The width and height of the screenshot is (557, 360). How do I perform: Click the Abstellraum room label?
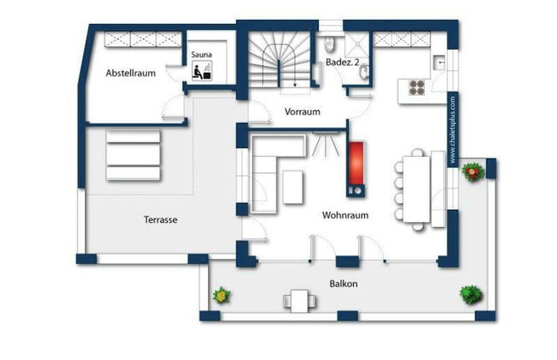coord(131,73)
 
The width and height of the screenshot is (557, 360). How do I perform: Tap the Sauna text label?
coord(201,54)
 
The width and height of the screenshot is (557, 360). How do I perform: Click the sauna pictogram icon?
coord(201,70)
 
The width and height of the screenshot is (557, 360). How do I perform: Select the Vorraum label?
coord(302,111)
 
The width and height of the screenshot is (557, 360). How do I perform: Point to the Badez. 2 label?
coord(343,62)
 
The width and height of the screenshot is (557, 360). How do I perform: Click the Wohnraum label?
coord(345,215)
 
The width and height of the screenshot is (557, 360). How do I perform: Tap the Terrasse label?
coord(160,219)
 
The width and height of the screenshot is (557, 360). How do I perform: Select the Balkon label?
coord(343,284)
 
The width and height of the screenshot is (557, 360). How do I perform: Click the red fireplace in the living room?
coord(356,163)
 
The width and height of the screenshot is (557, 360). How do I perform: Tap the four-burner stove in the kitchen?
coord(416,87)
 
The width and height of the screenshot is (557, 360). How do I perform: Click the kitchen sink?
coord(439,63)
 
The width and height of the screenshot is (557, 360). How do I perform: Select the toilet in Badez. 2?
coord(330,44)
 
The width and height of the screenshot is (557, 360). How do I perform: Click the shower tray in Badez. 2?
coord(356,44)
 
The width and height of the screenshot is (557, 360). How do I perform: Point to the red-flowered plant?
coord(473,172)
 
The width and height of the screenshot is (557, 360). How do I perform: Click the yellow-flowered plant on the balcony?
coord(222,296)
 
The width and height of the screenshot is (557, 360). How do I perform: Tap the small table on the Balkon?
coord(299,301)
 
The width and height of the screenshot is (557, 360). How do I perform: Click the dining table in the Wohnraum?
coord(416,189)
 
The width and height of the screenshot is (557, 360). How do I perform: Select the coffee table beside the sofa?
coord(293,187)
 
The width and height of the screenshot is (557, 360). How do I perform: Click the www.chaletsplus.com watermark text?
coord(452,130)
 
